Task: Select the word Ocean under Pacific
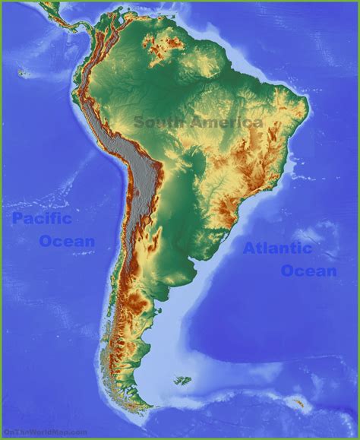[x=67, y=242]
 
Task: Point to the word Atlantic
[x=277, y=248]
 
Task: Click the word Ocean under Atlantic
[x=308, y=271]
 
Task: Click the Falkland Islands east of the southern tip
[x=182, y=379]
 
